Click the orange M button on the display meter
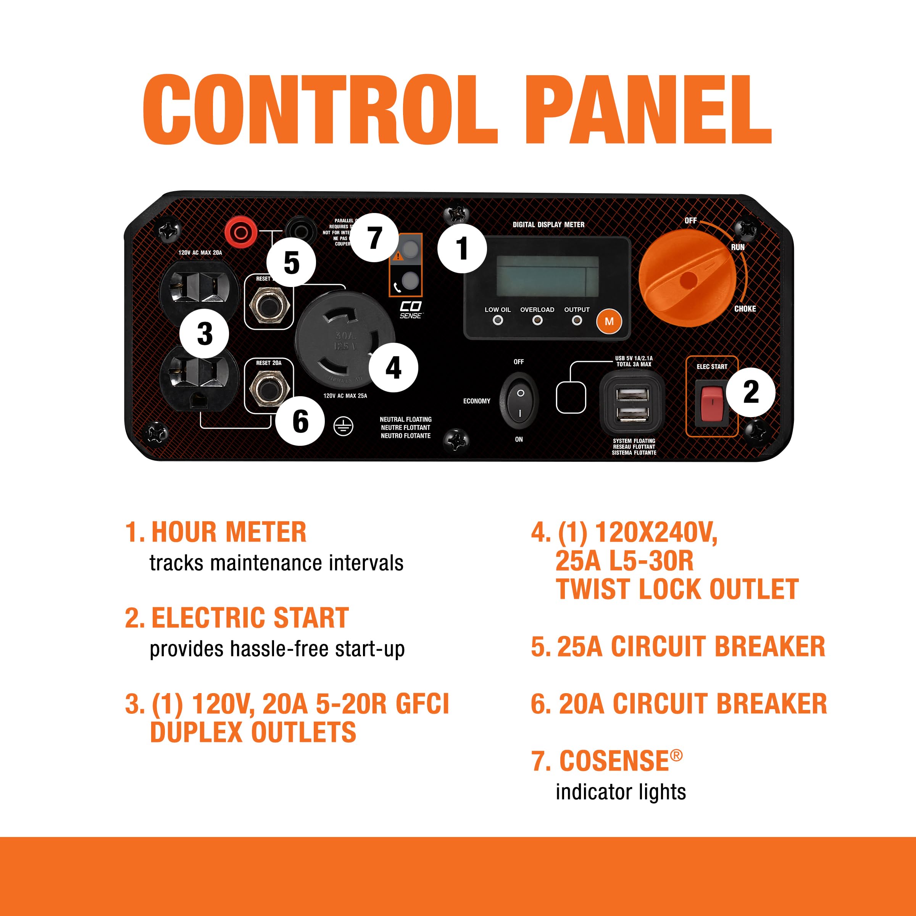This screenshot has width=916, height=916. pos(609,322)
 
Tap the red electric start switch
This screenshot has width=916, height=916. pos(712,403)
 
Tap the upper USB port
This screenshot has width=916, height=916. pos(632,394)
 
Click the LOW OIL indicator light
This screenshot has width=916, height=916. pos(497,321)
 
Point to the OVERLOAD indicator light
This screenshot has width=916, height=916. pos(537,321)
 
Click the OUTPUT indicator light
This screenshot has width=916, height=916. pos(577,321)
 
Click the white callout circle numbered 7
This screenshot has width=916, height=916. pos(374,238)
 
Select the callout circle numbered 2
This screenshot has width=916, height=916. pos(750,392)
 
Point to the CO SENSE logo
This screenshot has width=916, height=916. pos(410,310)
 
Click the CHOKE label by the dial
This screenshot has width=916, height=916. pos(745,309)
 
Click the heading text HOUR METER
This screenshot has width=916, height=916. pos(229,532)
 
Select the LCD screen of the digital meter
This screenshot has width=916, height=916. pos(548,276)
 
